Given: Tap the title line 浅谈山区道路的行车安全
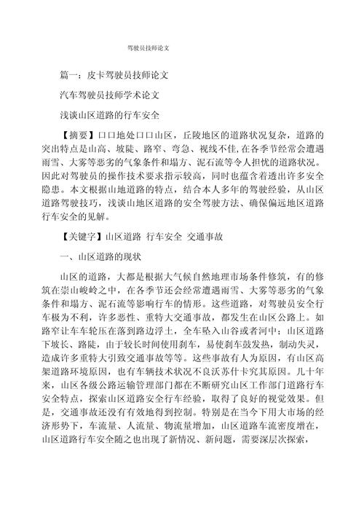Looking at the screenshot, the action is pyautogui.click(x=109, y=115).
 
